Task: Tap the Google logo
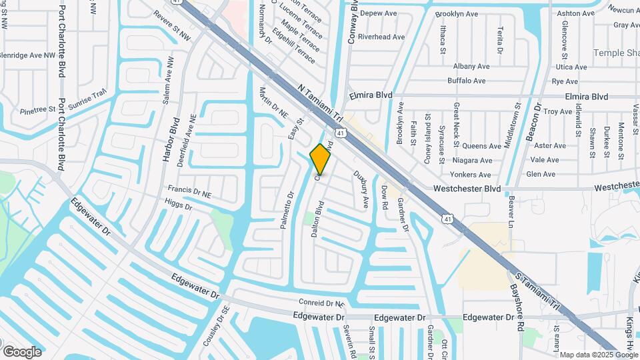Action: coord(22,351)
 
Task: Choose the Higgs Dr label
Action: coord(179,207)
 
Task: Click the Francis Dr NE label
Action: coord(189,192)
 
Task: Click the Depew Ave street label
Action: coord(378,13)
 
